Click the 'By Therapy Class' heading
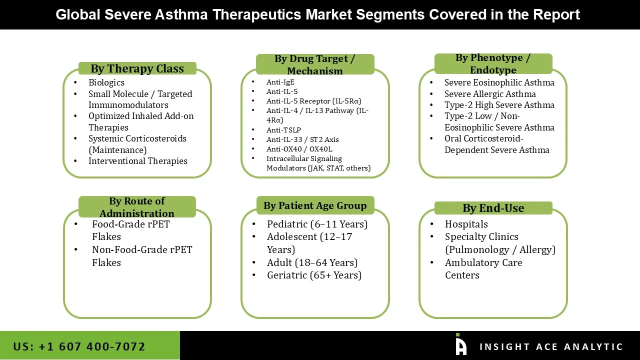click(x=137, y=69)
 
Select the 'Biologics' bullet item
click(x=106, y=82)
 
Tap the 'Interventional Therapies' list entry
click(x=138, y=161)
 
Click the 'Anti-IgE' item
click(x=280, y=82)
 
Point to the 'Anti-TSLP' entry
click(x=283, y=130)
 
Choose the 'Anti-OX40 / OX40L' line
click(x=299, y=149)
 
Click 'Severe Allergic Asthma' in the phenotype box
click(x=490, y=94)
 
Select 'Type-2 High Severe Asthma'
click(x=499, y=105)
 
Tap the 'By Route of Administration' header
click(x=137, y=207)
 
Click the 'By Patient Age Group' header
click(x=315, y=205)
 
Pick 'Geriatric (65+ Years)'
click(x=314, y=275)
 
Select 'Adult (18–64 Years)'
click(x=312, y=262)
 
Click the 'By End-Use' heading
click(x=493, y=208)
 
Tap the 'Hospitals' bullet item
click(x=466, y=224)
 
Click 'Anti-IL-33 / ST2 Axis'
click(x=302, y=139)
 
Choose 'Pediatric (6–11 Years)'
click(x=317, y=224)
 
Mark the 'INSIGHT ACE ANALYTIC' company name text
click(x=551, y=347)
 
